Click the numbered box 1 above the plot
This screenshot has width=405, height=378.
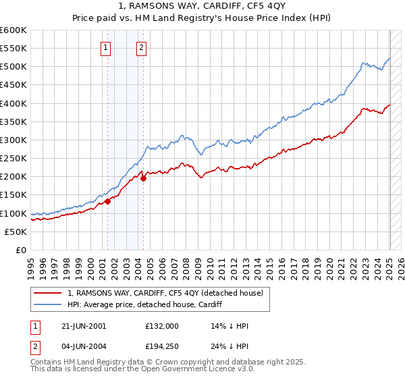click(107, 47)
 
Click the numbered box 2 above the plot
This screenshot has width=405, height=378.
click(141, 47)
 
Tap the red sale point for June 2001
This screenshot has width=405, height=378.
click(108, 201)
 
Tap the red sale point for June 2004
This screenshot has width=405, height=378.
click(143, 179)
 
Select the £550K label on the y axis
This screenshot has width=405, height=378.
click(13, 49)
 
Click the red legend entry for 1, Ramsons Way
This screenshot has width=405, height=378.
click(169, 293)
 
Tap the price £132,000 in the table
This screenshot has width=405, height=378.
click(161, 325)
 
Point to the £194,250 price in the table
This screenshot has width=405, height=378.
click(161, 348)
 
